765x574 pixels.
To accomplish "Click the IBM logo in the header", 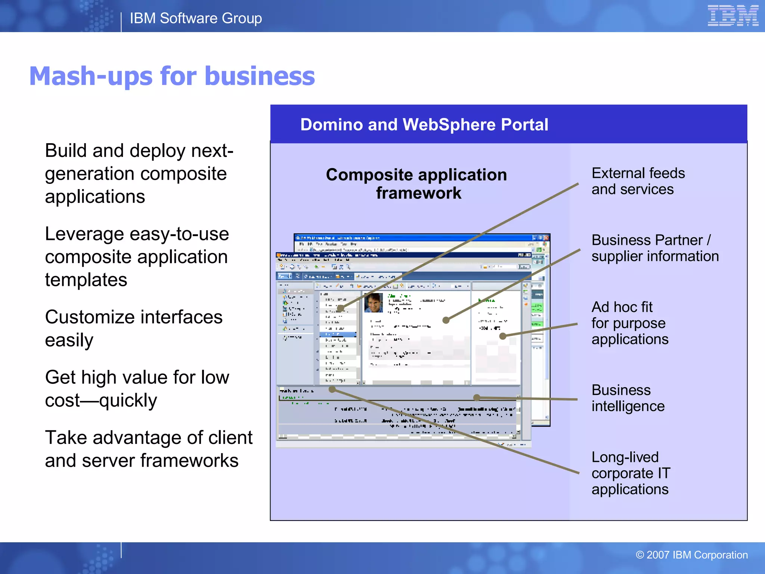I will click(733, 16).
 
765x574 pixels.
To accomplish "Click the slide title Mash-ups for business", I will click(172, 76).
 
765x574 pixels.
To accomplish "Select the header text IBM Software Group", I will click(196, 18).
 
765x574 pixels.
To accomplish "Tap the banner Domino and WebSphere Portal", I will click(424, 124).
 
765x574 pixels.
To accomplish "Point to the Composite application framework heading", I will click(417, 183).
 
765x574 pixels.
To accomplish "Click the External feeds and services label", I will click(638, 181).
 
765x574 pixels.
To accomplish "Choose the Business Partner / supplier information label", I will click(655, 248).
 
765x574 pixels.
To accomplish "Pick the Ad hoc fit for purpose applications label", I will click(630, 323).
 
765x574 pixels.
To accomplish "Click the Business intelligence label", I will click(628, 398).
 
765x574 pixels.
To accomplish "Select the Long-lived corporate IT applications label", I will click(631, 473).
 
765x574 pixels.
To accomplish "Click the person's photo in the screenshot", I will click(374, 303).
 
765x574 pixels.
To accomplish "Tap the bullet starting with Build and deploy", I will click(139, 173).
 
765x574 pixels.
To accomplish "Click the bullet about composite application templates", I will click(137, 257).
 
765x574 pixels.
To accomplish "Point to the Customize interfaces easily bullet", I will click(134, 328).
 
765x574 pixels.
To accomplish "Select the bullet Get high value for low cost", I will click(137, 389).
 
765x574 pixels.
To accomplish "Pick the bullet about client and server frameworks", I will click(149, 449).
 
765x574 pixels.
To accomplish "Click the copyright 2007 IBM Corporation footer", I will click(691, 555).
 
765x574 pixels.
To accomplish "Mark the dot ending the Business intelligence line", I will click(477, 398).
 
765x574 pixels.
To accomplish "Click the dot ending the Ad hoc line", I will click(503, 336).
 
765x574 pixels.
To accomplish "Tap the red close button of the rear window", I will click(546, 238).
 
